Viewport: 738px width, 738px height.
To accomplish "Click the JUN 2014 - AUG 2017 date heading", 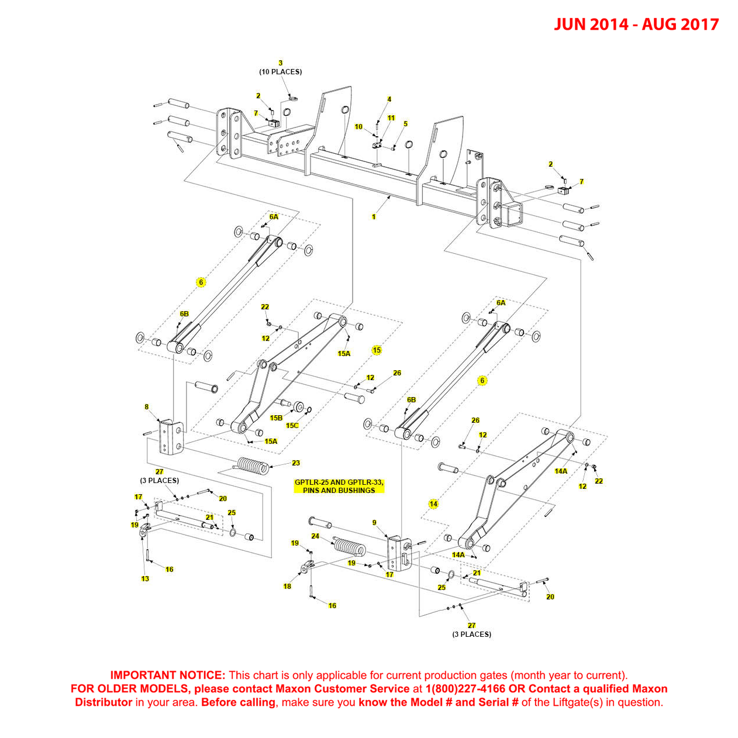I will pos(636,25).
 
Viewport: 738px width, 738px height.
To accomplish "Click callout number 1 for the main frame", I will pos(374,217).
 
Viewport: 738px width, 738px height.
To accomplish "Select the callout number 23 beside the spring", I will pos(296,463).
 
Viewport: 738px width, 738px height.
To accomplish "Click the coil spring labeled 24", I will pos(349,547).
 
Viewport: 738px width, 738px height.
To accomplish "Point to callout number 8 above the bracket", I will pos(147,407).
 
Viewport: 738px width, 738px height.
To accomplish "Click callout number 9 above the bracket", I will pos(374,523).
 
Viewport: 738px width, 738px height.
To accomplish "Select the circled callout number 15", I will pos(377,350).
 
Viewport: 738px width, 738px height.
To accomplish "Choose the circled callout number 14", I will pos(433,504).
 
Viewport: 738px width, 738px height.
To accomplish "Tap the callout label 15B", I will pos(276,418).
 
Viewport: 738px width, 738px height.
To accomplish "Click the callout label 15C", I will pos(292,426).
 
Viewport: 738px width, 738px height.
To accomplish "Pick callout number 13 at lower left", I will pos(145,579).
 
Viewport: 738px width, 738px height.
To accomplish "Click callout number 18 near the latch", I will pos(287,587).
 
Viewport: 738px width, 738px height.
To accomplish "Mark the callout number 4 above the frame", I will pos(389,99).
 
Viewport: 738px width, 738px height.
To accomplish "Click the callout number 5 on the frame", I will pos(405,124).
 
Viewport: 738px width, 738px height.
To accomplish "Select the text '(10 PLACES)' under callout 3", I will pos(281,72).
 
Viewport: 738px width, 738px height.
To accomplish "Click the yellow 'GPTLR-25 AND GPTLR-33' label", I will pos(339,482).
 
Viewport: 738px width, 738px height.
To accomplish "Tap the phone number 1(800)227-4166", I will pos(465,689).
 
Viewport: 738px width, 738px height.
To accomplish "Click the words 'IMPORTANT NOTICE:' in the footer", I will pos(167,675).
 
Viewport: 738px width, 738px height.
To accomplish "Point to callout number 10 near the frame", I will pos(358,127).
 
